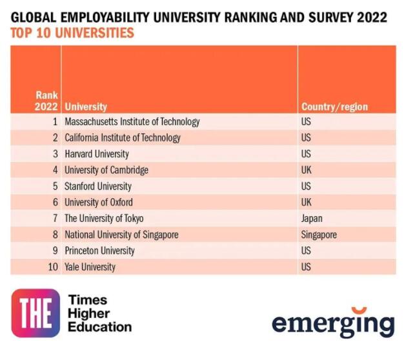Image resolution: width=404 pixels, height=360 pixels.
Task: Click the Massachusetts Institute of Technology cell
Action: click(132, 121)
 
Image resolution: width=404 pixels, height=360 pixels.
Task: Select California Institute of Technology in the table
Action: click(123, 137)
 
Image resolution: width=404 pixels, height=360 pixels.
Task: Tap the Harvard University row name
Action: click(97, 154)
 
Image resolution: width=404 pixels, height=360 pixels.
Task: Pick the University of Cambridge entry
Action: click(106, 170)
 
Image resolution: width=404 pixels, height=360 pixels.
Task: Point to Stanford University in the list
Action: click(98, 186)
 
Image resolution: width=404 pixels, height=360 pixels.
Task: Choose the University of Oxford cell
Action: click(99, 202)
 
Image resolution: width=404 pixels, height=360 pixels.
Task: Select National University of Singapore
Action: click(121, 234)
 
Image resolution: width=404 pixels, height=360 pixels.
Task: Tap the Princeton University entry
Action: click(99, 250)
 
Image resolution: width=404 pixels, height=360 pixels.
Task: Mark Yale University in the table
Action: click(90, 266)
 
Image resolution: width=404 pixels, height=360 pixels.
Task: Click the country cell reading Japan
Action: click(312, 218)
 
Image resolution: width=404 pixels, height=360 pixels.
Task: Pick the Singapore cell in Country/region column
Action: click(319, 234)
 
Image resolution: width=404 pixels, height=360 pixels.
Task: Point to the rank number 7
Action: click(56, 218)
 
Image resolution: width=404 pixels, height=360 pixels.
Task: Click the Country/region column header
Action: click(334, 106)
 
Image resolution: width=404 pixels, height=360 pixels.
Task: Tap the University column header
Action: click(86, 106)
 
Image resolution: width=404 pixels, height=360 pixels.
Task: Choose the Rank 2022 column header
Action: click(46, 101)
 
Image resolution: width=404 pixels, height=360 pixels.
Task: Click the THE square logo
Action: click(35, 313)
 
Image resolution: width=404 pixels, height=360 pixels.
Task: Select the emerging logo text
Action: click(333, 323)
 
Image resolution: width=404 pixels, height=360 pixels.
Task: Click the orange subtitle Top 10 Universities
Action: click(72, 32)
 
